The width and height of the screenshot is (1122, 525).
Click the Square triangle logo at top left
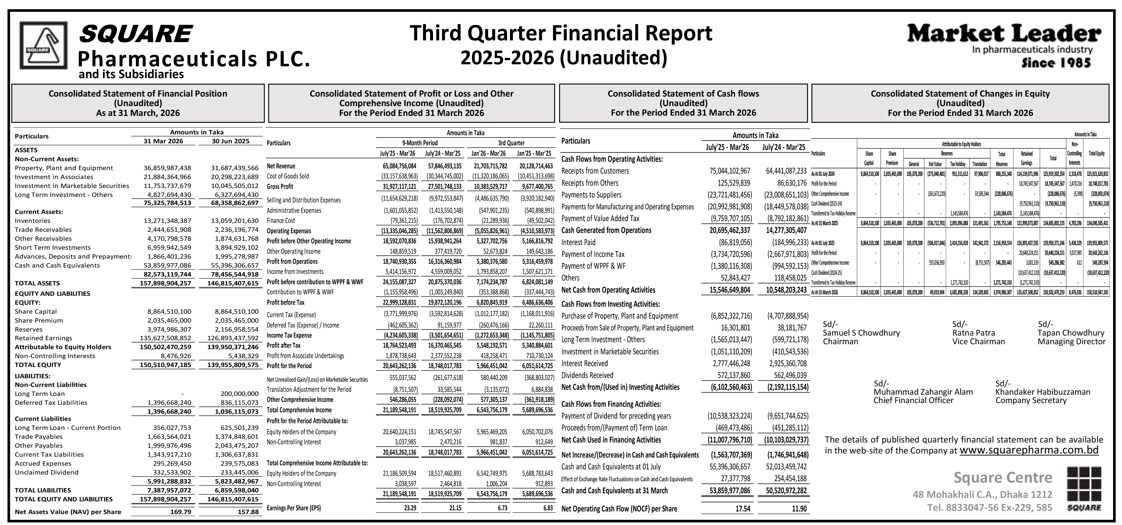(43, 45)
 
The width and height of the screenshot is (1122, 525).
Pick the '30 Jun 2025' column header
(230, 141)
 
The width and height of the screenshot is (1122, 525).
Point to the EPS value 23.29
(410, 508)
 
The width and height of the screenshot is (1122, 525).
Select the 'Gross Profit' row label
(280, 187)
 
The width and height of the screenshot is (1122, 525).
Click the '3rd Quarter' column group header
(511, 143)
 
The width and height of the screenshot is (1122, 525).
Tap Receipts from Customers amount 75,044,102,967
(730, 171)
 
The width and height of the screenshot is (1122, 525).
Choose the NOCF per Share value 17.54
(743, 509)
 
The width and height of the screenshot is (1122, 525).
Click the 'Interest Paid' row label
(578, 242)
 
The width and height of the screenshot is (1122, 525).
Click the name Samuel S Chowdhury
(861, 333)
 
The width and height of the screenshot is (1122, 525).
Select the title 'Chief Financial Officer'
(913, 400)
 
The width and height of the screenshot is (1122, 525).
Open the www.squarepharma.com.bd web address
(1029, 450)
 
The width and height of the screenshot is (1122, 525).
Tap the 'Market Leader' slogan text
(1004, 33)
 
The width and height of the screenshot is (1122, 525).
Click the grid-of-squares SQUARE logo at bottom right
(1084, 489)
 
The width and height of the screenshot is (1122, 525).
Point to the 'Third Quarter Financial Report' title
(561, 33)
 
